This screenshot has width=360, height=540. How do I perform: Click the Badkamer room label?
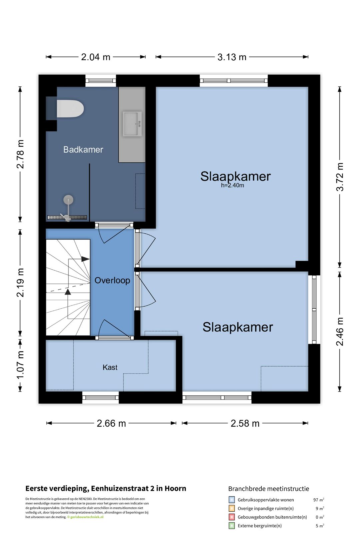pos(83,150)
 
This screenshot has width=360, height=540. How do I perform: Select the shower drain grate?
pos(67,217)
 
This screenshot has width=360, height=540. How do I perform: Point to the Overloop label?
pos(112,280)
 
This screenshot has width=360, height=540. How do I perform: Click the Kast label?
pos(110,367)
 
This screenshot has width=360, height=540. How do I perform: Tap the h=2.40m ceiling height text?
pos(232,186)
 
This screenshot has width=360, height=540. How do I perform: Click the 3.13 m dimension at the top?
pos(232,57)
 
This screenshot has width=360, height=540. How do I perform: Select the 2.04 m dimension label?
pos(95,57)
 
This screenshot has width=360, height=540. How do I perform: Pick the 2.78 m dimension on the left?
pos(20,154)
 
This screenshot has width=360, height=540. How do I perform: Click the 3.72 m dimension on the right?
pos(339,177)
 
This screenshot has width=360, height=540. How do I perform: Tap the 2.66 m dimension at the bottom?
pos(111,423)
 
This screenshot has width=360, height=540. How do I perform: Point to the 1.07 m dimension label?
pos(20,365)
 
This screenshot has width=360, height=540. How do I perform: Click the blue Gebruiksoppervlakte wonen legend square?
pos(231,500)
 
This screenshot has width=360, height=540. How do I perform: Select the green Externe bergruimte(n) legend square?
pos(231,526)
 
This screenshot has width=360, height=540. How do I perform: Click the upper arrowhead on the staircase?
pos(85,259)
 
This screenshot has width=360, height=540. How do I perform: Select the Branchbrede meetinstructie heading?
pos(268,489)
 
